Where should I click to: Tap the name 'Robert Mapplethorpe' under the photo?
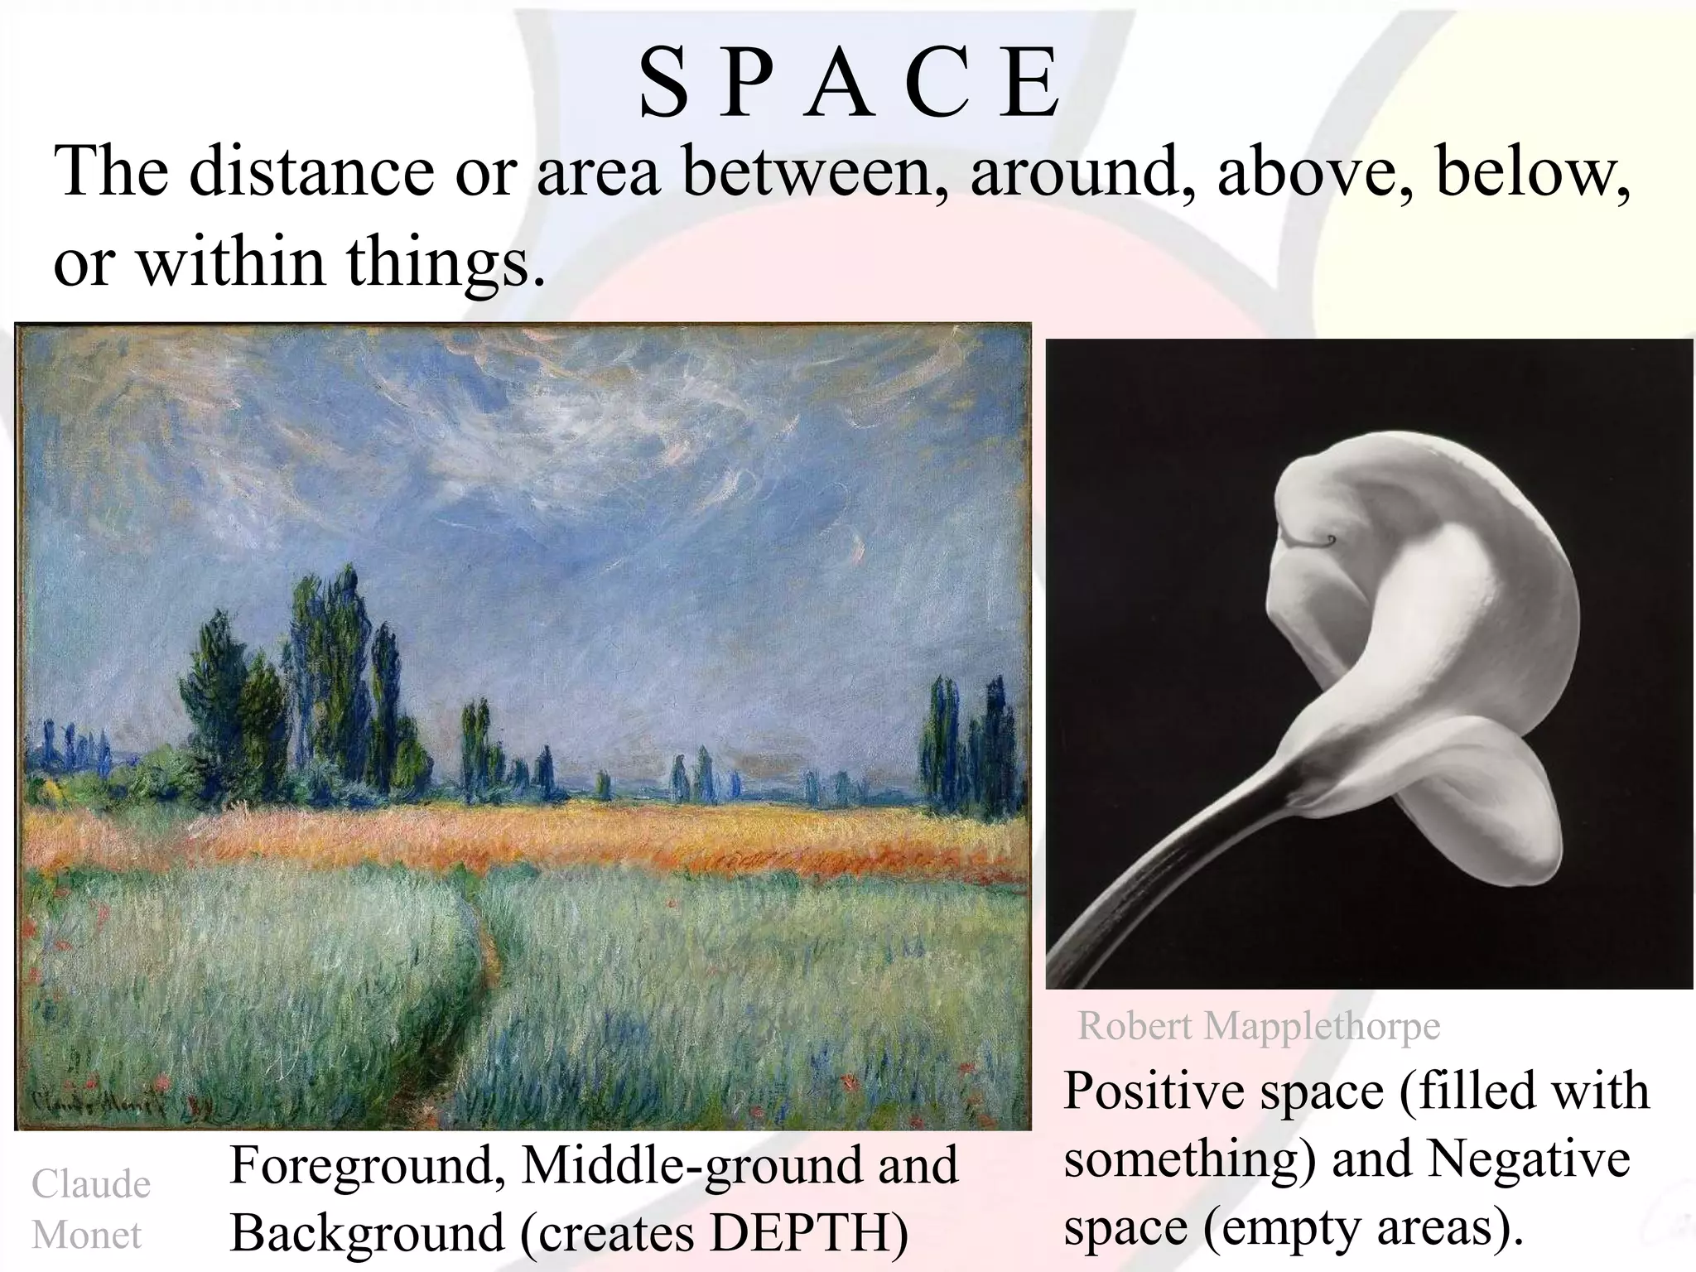pos(1259,1027)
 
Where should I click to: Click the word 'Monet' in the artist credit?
pos(86,1236)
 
